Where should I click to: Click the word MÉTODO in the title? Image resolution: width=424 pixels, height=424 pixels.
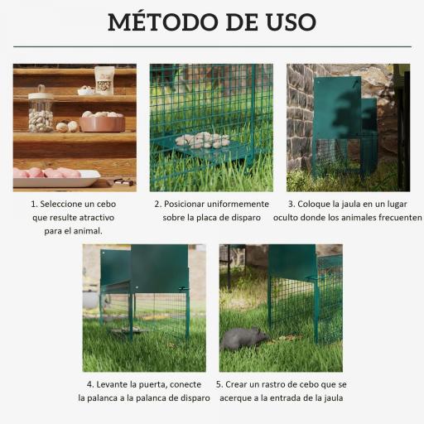click(x=165, y=22)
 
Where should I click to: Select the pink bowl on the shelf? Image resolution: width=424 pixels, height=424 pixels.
click(x=103, y=123)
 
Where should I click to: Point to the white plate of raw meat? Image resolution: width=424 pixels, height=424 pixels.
click(x=55, y=176)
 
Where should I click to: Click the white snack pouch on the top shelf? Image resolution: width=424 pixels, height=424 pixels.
click(x=104, y=79)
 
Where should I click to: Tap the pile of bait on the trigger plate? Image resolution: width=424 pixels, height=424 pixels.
click(x=201, y=140)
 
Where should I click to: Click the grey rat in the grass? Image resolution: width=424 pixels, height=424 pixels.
click(x=243, y=338)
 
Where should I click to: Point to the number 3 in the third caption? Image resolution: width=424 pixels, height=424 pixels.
click(x=291, y=204)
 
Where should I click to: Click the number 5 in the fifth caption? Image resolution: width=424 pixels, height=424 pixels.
click(x=219, y=385)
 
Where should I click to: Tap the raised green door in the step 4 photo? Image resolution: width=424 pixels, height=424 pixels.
click(x=160, y=267)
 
